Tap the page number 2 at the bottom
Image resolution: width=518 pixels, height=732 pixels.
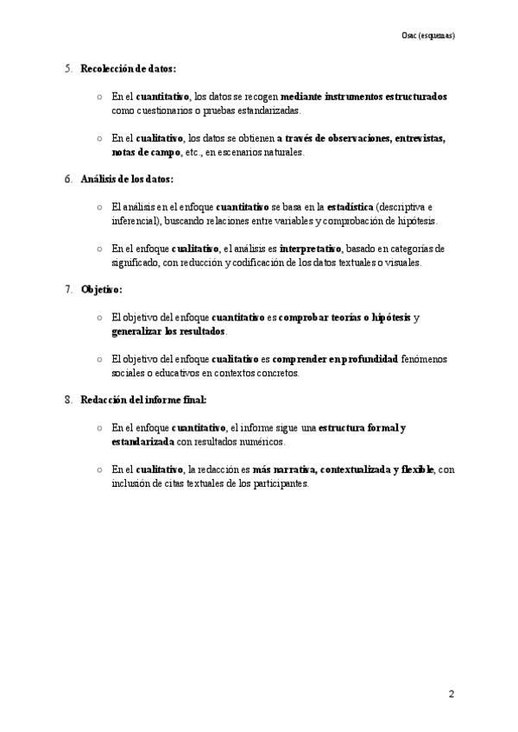451,693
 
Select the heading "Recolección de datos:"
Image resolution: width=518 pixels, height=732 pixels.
128,68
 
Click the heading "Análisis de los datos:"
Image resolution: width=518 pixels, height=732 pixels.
126,179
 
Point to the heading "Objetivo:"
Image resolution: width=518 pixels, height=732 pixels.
102,289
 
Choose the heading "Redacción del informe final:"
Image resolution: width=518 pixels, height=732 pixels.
143,400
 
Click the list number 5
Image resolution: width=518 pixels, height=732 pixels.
68,68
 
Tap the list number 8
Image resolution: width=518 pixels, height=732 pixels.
68,400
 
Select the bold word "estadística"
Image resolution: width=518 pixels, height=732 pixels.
351,207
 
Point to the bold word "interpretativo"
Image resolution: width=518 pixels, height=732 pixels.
311,249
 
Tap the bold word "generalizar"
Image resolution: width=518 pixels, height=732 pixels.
136,331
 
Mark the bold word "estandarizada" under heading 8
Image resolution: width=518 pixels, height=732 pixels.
142,442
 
